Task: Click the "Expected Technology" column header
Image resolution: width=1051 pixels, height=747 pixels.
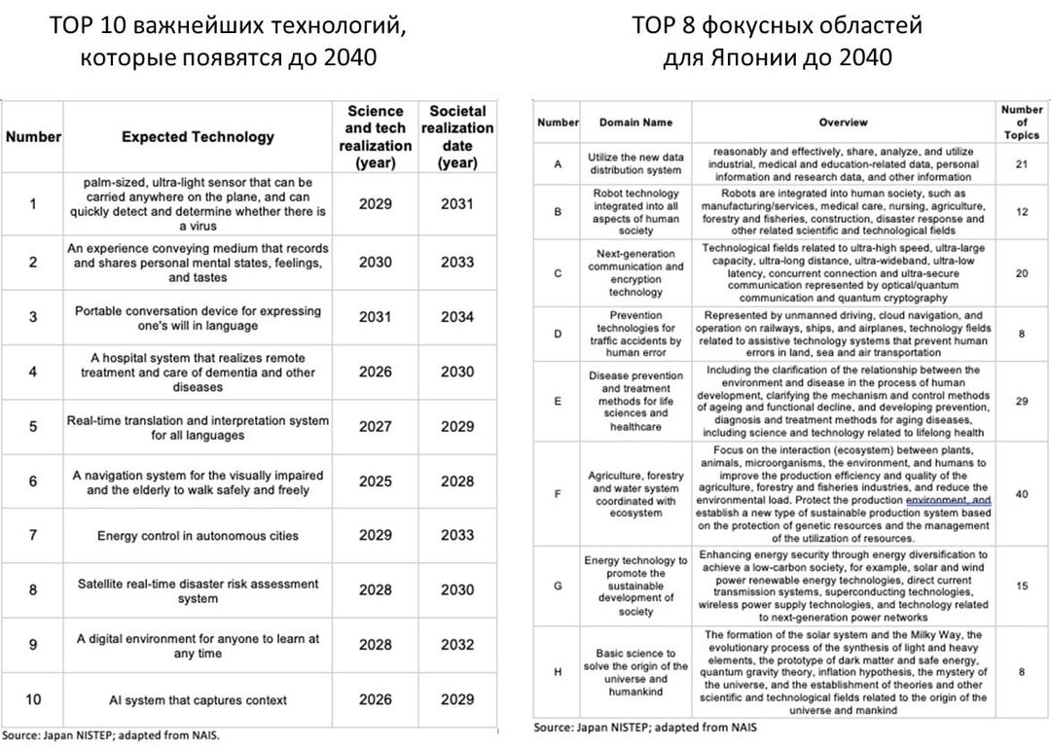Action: pos(198,137)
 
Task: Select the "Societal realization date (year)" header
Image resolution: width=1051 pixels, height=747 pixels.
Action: pos(456,137)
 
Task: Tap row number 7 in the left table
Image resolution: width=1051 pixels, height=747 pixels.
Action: pos(33,535)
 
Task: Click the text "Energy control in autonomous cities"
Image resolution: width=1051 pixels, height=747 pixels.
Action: pos(198,536)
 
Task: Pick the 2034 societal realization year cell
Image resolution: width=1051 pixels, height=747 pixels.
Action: pos(456,317)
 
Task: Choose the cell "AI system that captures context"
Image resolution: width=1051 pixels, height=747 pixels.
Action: pos(198,700)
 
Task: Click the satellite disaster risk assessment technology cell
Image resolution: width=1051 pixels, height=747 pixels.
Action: pos(198,591)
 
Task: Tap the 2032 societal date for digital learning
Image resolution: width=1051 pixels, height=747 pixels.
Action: pos(456,645)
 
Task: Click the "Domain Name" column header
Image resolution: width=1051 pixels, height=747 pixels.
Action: pos(635,123)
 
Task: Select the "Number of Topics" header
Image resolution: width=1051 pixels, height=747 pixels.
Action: pos(1022,123)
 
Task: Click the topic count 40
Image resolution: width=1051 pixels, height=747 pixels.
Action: pos(1022,494)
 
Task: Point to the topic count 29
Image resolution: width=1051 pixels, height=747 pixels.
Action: pos(1022,401)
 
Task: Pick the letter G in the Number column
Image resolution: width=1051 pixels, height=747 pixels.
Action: pos(558,586)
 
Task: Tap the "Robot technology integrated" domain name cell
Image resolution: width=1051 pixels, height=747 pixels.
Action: pos(635,212)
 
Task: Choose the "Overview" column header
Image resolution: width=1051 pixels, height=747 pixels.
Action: pos(843,123)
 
